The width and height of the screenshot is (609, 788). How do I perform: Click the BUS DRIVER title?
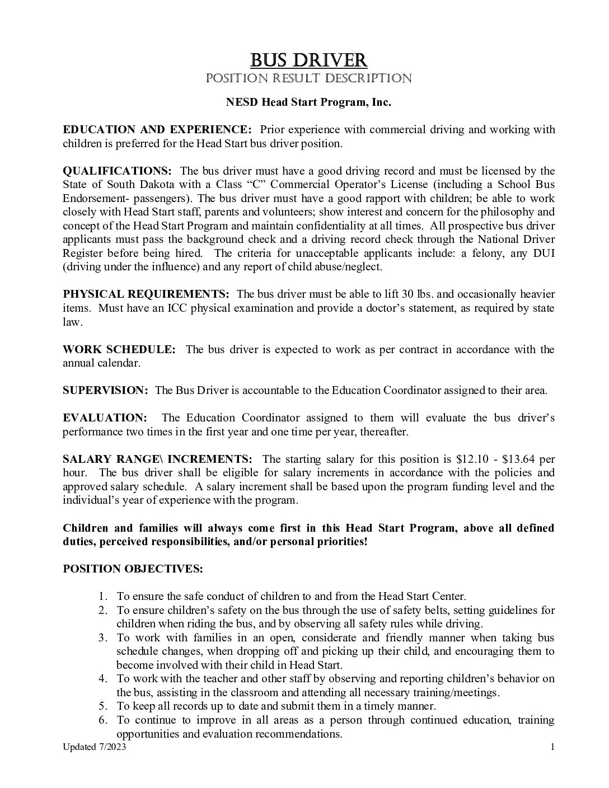(x=308, y=59)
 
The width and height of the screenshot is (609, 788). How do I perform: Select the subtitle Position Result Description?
(x=308, y=78)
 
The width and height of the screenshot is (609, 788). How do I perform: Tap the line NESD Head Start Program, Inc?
(x=308, y=102)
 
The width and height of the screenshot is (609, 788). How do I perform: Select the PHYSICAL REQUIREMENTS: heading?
(x=146, y=294)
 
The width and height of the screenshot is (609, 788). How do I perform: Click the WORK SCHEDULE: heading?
(x=119, y=350)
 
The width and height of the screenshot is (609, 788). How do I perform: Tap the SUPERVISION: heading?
(x=105, y=391)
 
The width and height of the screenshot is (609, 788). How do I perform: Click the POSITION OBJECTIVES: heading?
(x=133, y=569)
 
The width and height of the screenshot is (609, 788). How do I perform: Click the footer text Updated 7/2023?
(x=91, y=747)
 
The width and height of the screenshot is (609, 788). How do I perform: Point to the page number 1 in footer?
(x=552, y=747)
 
